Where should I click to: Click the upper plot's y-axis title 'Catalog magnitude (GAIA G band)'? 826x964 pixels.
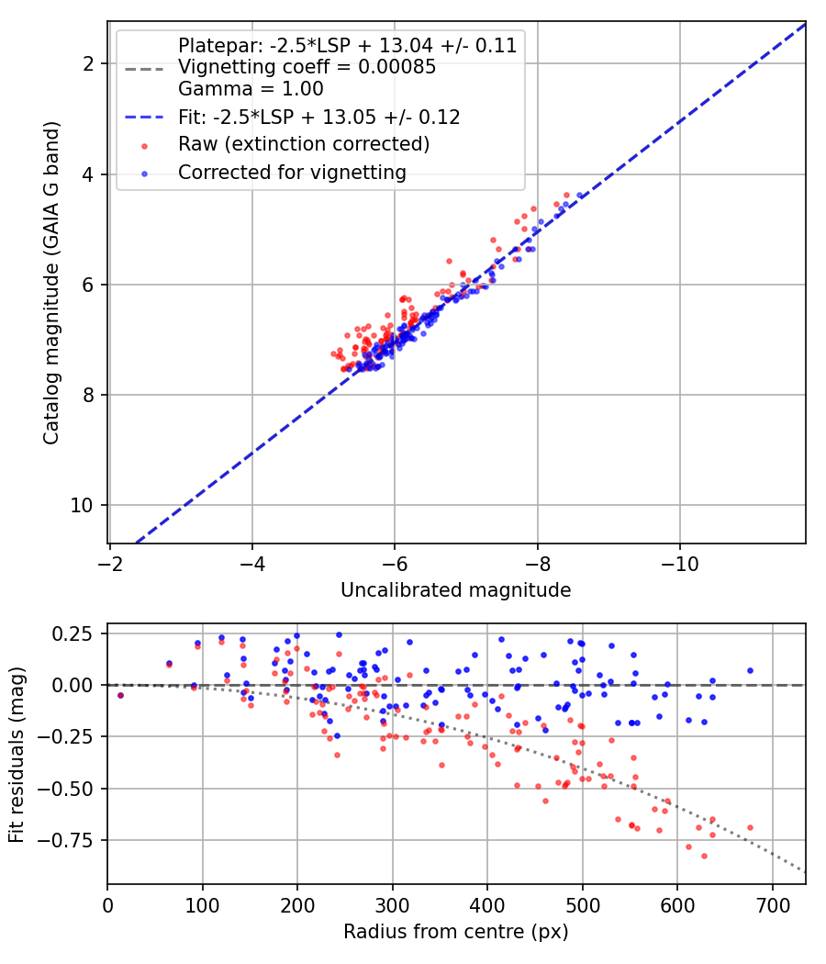[x=51, y=283]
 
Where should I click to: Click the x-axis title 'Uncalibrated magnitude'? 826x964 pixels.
[x=455, y=590]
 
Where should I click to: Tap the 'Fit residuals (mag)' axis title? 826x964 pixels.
[x=17, y=755]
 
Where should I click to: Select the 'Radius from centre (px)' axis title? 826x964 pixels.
[x=455, y=932]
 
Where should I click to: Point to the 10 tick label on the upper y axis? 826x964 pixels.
[x=82, y=505]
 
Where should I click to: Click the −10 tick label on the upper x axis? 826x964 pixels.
[x=680, y=564]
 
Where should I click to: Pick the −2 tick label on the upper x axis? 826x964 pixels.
[x=110, y=564]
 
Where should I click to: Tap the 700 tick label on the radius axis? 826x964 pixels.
[x=772, y=905]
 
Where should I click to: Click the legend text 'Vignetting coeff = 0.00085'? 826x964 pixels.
[x=307, y=67]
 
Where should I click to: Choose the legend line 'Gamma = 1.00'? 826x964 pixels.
[x=251, y=89]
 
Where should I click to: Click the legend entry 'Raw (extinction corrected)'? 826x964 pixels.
[x=304, y=144]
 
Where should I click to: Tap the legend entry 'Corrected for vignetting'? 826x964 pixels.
[x=292, y=173]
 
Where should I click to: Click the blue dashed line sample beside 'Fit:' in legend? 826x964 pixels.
[x=144, y=117]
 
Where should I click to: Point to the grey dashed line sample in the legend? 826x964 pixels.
[x=144, y=69]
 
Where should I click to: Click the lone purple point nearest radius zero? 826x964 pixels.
[x=120, y=695]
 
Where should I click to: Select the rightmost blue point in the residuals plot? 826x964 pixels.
[x=750, y=671]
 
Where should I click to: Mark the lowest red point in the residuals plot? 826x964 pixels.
[x=704, y=856]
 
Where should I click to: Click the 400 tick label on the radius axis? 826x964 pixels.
[x=487, y=905]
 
